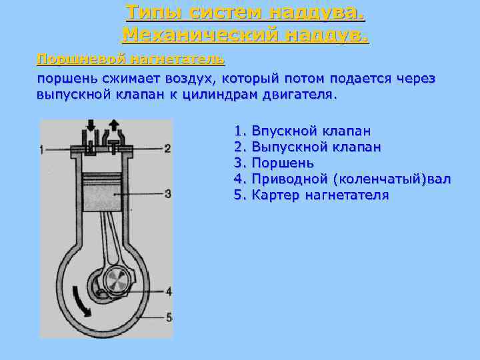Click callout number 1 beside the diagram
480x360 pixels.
42,149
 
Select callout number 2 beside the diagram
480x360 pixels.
167,148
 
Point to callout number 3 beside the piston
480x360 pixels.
168,194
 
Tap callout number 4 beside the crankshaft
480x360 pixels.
169,291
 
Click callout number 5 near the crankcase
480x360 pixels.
169,317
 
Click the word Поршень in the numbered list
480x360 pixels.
283,163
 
